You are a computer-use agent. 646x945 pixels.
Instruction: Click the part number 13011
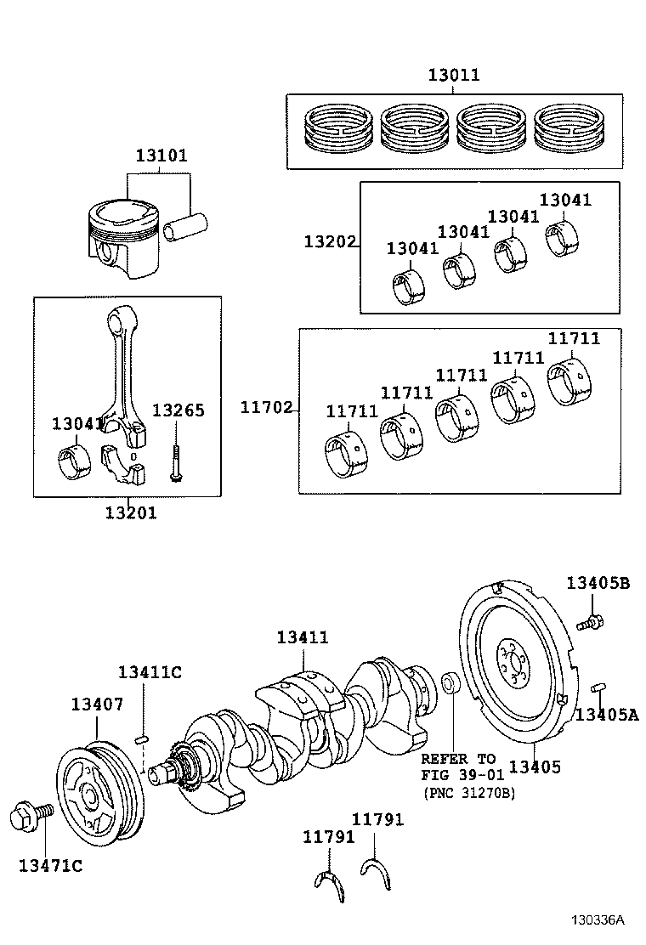[x=453, y=75]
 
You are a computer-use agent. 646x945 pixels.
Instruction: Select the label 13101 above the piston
[x=161, y=156]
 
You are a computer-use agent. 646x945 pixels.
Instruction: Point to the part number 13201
[x=131, y=512]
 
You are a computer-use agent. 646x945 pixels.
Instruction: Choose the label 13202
[x=330, y=241]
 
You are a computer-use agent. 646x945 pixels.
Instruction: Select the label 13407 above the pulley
[x=97, y=704]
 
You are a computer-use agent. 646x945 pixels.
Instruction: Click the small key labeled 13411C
[x=143, y=737]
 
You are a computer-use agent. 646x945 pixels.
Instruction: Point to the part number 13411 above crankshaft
[x=303, y=637]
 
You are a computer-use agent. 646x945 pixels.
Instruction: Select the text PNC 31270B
[x=468, y=792]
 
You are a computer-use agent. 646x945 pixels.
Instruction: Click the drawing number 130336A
[x=597, y=920]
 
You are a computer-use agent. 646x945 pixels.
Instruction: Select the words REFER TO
[x=458, y=758]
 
